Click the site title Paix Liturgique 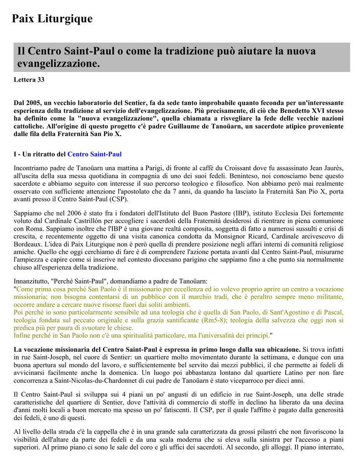click(x=52, y=19)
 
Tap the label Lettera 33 click(x=29, y=80)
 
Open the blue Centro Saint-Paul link click(x=95, y=154)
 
